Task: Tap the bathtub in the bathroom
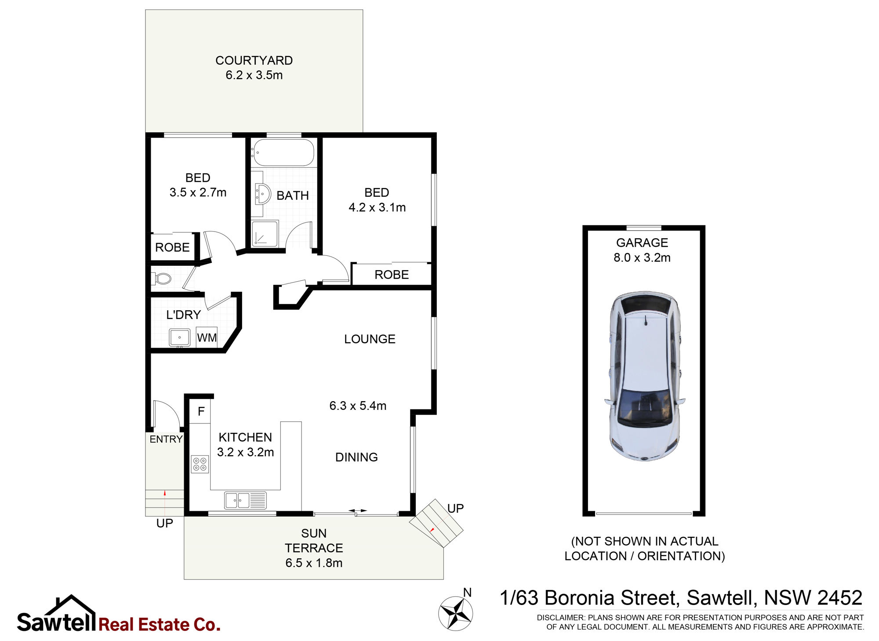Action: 283,152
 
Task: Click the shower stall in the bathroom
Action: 265,233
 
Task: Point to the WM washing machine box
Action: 207,337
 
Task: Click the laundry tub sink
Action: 180,337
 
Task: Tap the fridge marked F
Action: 201,411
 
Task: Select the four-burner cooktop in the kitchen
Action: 200,464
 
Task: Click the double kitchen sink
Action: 245,500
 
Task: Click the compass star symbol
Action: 456,613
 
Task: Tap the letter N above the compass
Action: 467,593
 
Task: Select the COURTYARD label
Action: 254,61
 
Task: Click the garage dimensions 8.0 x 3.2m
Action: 642,257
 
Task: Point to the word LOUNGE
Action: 370,339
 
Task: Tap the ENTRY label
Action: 166,439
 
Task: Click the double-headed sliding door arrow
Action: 358,511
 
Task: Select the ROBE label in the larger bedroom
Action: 392,275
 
